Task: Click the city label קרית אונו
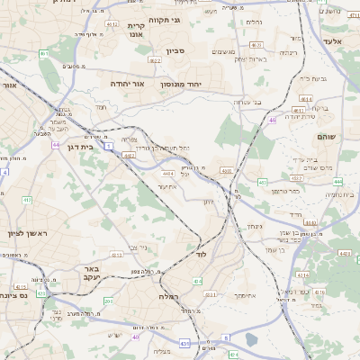pyautogui.click(x=137, y=30)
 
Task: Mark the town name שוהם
pyautogui.click(x=325, y=136)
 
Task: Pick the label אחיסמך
pyautogui.click(x=245, y=294)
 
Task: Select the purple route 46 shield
pyautogui.click(x=272, y=118)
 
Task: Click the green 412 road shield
pyautogui.click(x=27, y=200)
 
